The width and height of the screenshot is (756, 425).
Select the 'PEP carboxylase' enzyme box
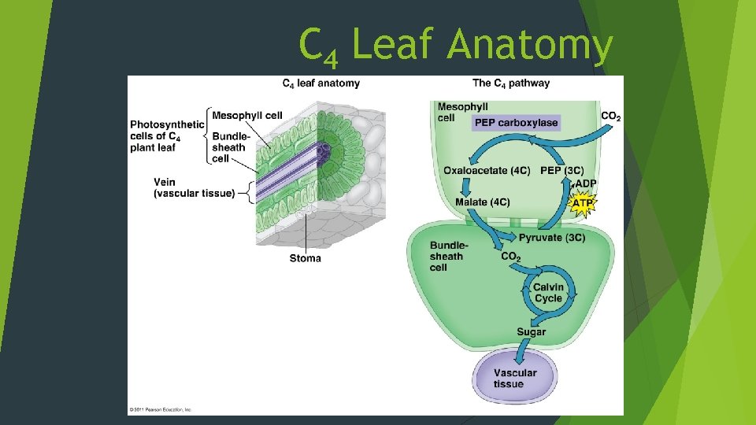516,122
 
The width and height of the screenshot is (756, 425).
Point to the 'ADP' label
586,184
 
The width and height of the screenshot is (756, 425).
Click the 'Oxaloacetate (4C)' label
487,171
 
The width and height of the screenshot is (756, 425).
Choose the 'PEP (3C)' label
562,171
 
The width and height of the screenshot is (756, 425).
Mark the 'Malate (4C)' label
483,202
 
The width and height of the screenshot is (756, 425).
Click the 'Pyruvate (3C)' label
551,237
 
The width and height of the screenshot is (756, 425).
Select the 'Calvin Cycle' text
548,293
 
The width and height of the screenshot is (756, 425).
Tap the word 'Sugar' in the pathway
531,332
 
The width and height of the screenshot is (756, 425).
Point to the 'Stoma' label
306,258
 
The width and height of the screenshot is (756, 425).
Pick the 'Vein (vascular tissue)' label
194,188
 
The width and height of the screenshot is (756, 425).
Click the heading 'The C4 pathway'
511,83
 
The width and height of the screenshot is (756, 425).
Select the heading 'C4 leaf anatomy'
321,83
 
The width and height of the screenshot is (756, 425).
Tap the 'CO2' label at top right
610,116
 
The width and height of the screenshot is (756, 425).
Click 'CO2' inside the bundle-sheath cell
510,257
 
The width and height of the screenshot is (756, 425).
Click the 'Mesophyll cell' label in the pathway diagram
453,112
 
